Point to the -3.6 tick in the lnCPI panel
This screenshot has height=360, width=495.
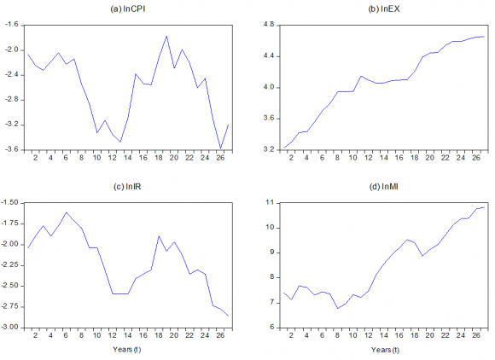coord(12,149)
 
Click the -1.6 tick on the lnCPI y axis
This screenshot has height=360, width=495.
coord(12,25)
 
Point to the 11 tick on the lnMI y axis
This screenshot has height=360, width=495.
coord(267,202)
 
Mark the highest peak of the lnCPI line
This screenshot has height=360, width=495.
coord(166,37)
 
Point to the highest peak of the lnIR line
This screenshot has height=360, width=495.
coord(67,212)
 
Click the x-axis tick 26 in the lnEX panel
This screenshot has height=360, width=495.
coord(469,159)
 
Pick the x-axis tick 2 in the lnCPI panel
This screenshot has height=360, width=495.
coord(36,159)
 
